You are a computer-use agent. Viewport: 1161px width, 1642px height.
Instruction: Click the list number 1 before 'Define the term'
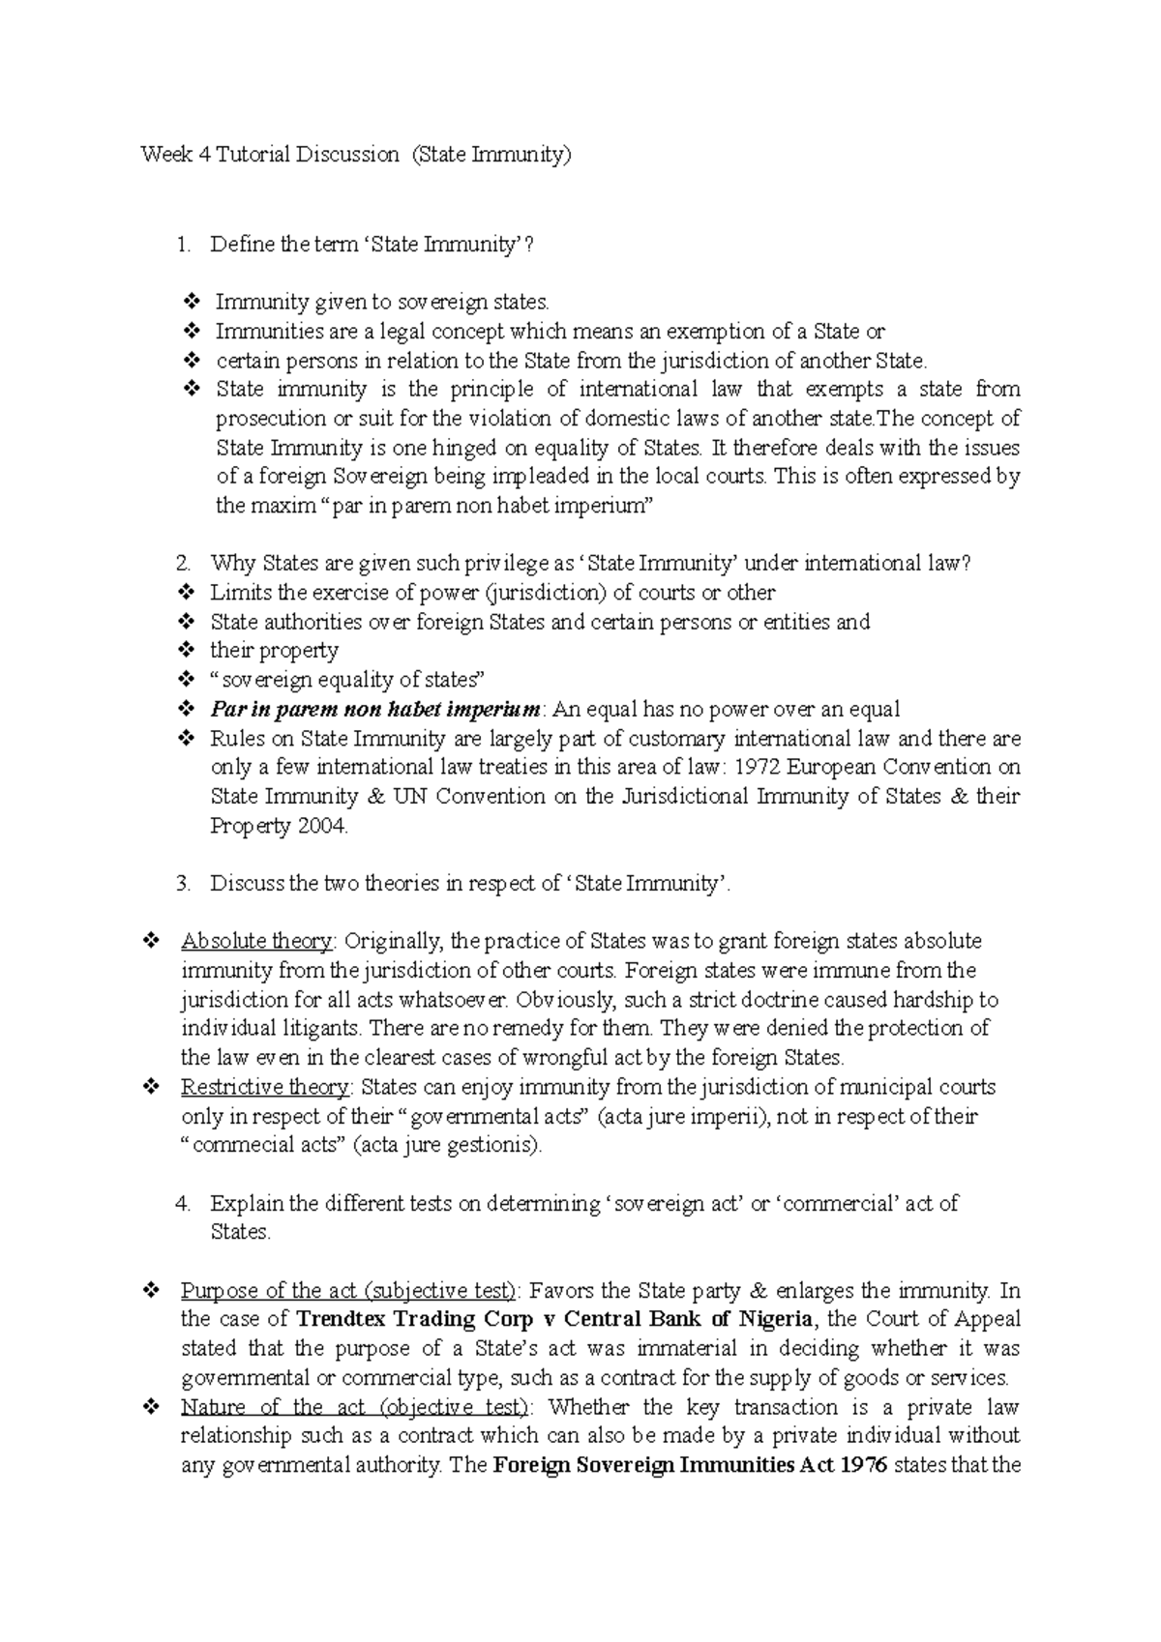(183, 245)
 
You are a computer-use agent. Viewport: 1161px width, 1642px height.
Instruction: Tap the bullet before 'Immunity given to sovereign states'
(191, 303)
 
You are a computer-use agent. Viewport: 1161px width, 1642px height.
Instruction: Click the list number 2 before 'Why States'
(183, 564)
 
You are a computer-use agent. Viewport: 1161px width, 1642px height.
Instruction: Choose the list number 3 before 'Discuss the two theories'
(183, 884)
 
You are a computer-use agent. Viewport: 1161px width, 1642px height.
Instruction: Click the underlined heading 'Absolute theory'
(257, 942)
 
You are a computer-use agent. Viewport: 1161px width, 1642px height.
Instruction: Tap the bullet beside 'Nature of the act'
(151, 1408)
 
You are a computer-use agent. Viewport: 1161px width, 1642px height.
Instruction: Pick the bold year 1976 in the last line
(864, 1466)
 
